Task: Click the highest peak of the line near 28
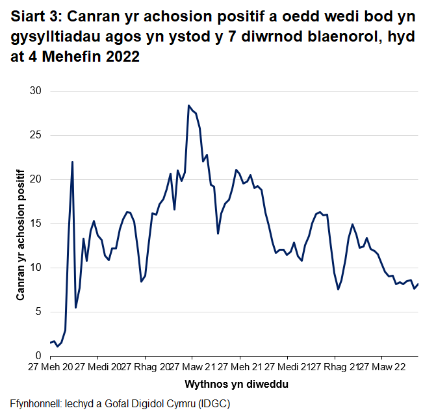(188, 105)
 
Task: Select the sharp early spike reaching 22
(72, 162)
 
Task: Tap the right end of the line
(418, 284)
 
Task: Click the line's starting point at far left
(51, 342)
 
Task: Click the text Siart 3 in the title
(35, 17)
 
